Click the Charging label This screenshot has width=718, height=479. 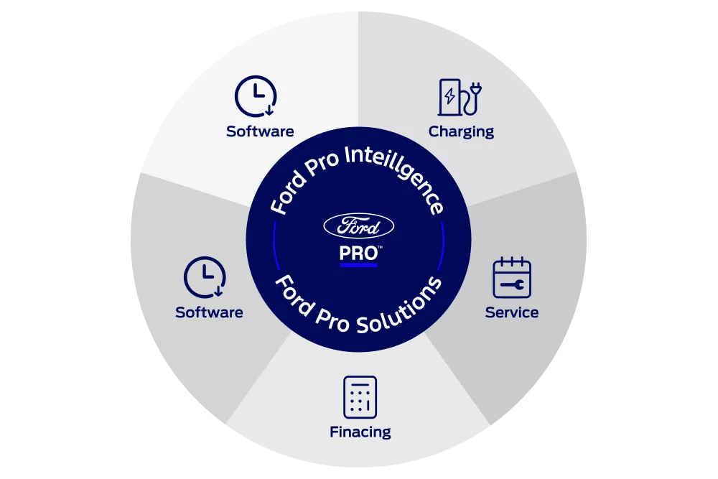click(461, 132)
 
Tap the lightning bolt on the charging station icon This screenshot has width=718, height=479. click(449, 96)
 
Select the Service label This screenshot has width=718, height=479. click(511, 312)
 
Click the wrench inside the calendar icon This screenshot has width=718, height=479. click(513, 285)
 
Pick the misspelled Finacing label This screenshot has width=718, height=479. click(360, 432)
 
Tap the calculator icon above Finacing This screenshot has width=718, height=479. click(360, 397)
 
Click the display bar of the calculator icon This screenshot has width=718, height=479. click(360, 385)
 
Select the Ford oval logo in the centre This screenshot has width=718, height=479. click(358, 225)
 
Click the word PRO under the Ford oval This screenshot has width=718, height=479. click(358, 254)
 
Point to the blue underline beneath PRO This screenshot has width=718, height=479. click(358, 265)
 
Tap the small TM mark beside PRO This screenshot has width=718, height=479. click(380, 247)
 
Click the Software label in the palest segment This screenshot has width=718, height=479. click(260, 131)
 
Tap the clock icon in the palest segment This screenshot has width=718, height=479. click(256, 96)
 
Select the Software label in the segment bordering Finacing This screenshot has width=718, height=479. click(209, 312)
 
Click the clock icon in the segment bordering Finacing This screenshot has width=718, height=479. click(205, 277)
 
